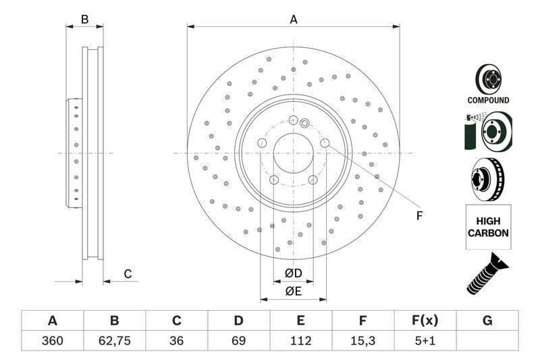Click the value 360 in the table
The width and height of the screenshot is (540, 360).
[x=52, y=340]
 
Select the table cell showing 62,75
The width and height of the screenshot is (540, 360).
[x=115, y=340]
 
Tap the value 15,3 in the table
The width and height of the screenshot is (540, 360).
[x=363, y=340]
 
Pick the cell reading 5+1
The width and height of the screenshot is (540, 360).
[x=425, y=340]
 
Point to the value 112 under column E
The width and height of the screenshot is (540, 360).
[x=301, y=340]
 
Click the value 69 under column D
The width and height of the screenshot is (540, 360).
[x=239, y=340]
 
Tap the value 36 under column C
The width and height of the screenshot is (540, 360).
[x=177, y=340]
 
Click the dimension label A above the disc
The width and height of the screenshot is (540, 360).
[x=294, y=20]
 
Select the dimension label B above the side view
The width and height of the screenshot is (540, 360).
[x=84, y=20]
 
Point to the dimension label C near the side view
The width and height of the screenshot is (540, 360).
[x=127, y=274]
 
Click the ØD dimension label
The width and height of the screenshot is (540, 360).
[x=293, y=274]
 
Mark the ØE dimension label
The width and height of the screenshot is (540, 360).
[x=293, y=291]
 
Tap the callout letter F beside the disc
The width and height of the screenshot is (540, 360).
[x=418, y=216]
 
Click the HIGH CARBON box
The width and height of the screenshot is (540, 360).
[x=488, y=226]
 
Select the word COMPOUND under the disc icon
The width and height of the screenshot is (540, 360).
[x=488, y=100]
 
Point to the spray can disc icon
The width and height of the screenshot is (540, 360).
[x=488, y=132]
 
